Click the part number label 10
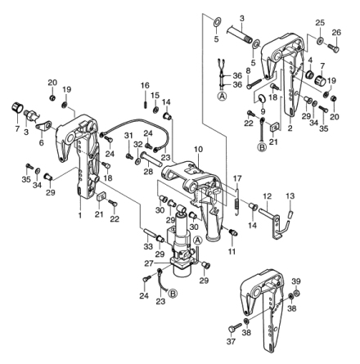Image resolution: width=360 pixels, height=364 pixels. [199, 150]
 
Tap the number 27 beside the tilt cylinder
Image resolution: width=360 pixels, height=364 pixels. [149, 263]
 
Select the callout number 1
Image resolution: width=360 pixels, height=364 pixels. [80, 215]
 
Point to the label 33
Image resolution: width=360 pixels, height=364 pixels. [148, 247]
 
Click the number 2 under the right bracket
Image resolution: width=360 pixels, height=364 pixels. [290, 128]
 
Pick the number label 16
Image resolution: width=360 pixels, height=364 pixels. [145, 86]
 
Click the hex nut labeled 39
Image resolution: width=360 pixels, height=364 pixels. [298, 293]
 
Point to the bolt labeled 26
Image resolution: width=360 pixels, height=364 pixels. [333, 48]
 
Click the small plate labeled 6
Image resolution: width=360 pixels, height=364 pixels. [43, 126]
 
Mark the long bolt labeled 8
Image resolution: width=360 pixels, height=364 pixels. [255, 83]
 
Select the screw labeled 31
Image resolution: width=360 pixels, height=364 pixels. [129, 156]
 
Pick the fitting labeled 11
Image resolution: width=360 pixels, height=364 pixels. [233, 232]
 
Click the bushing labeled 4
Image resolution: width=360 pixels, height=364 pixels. [310, 74]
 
